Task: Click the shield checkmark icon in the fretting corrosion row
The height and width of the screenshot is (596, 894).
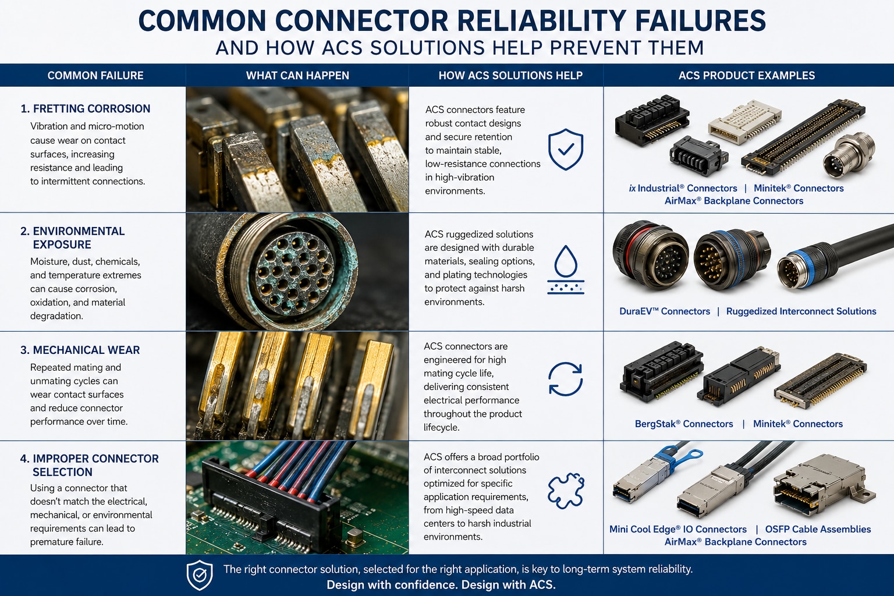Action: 566,150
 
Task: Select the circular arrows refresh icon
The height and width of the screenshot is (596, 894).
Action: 566,379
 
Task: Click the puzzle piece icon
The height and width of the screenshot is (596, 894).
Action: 566,491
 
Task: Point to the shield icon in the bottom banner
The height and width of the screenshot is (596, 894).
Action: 200,575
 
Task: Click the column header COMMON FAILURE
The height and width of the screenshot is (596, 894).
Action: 95,76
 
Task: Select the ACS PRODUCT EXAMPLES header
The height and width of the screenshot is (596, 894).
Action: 747,76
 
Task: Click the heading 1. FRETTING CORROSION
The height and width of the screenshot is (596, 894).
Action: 86,109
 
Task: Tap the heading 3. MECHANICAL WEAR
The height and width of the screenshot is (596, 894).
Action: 80,350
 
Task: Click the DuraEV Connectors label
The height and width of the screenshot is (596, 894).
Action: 665,311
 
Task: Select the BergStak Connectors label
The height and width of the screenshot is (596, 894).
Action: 684,424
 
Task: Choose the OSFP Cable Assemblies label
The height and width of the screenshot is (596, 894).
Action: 818,529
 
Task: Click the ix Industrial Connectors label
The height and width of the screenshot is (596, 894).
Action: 683,189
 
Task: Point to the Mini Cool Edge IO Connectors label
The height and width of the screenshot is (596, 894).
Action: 677,529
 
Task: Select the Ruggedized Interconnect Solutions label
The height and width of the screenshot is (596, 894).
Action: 801,311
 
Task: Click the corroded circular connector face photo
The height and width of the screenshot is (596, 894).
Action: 297,272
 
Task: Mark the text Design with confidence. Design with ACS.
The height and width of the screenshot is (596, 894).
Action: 441,585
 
